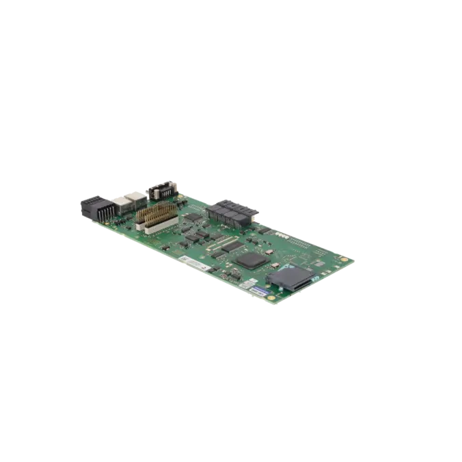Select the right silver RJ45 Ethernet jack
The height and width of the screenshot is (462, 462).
137,195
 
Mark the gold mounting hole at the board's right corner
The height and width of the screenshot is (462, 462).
351,260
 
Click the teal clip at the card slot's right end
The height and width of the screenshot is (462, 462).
309,272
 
